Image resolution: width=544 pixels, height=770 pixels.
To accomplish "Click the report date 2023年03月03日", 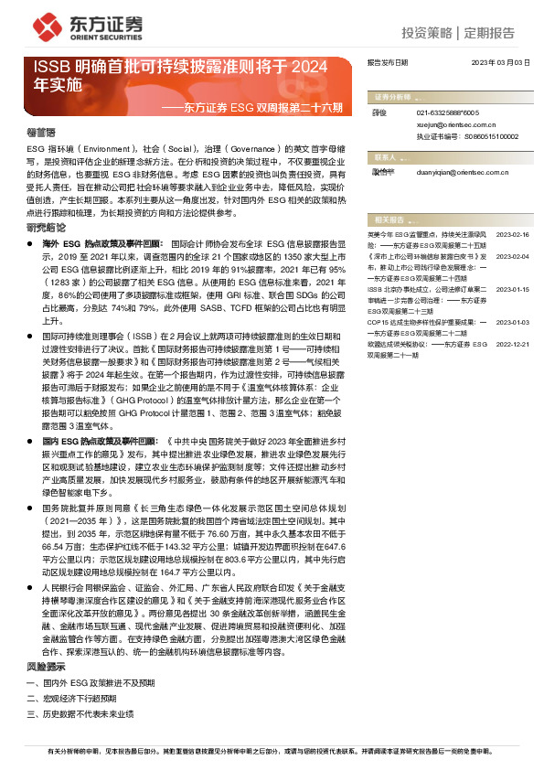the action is (500, 62).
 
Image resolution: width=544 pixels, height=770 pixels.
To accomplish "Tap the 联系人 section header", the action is (385, 156).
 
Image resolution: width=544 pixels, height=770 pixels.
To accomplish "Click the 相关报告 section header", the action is (389, 219).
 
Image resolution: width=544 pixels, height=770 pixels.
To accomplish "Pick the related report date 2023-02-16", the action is (513, 235).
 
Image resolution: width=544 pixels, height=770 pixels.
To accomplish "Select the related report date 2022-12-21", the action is (513, 346).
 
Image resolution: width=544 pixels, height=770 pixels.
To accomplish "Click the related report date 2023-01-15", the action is (513, 289).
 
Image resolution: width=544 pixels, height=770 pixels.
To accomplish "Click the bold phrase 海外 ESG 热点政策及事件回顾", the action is (104, 245).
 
